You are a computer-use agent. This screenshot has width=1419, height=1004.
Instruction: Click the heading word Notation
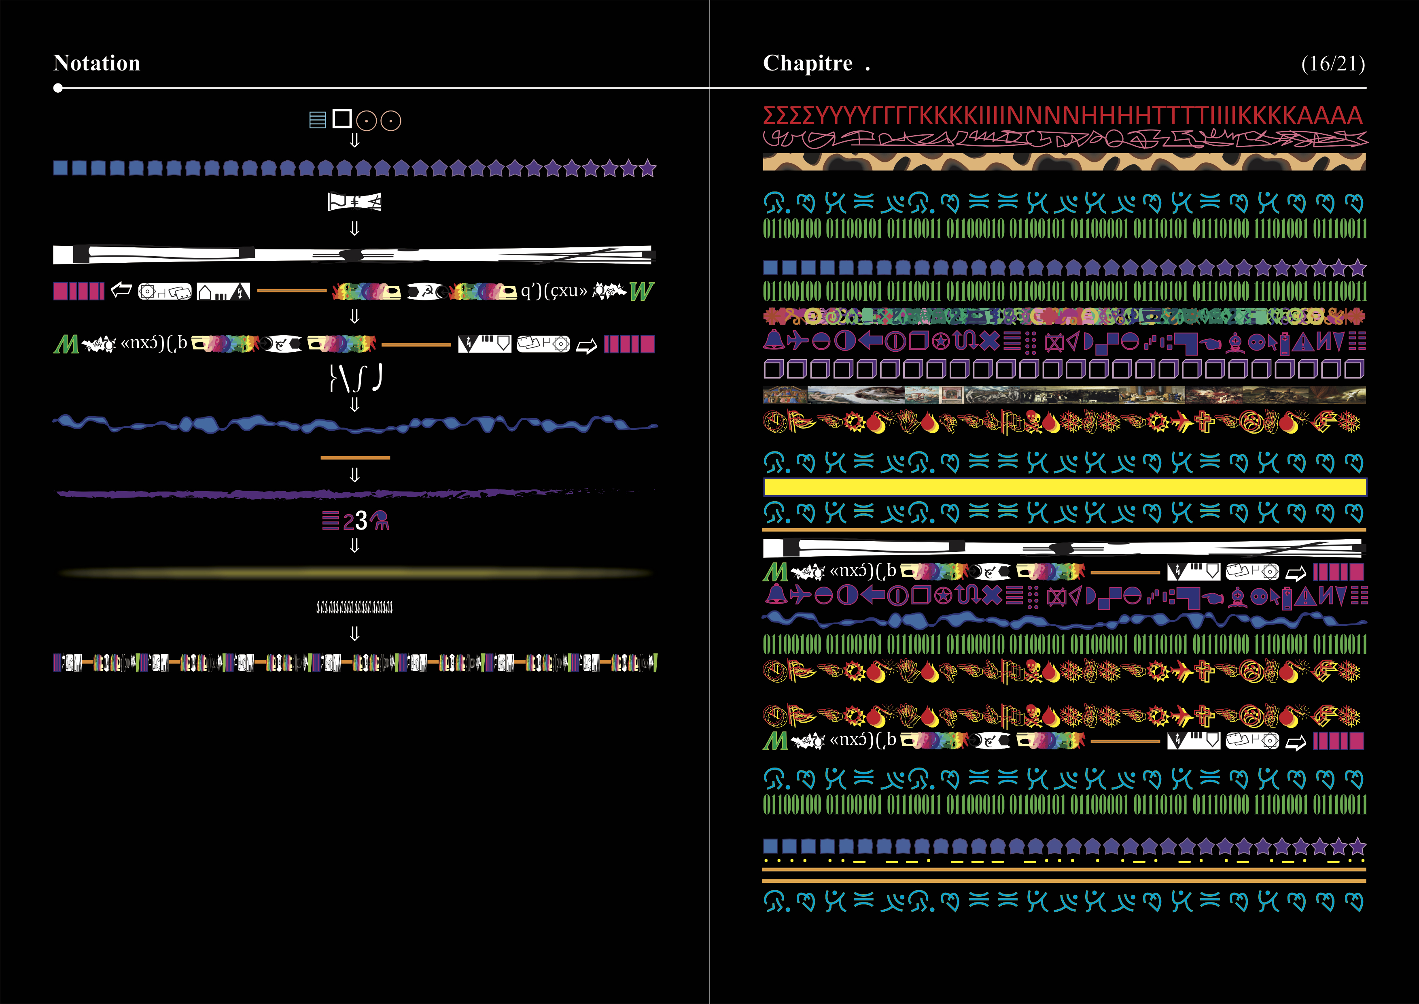click(97, 63)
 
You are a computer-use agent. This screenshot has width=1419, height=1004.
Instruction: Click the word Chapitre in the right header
click(807, 63)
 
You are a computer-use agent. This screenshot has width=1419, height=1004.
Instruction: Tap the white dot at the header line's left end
click(58, 88)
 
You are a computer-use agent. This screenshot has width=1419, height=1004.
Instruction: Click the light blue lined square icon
click(317, 120)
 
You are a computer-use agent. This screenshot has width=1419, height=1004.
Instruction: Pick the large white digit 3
click(361, 521)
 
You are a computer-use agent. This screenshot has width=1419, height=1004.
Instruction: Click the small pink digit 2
click(348, 522)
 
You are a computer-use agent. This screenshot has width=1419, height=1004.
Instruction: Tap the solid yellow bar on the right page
click(1064, 487)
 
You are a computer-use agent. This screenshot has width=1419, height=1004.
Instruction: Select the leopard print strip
click(1064, 162)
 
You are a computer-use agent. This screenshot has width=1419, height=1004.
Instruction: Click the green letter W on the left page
click(641, 291)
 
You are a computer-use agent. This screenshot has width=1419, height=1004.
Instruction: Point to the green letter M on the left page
click(66, 345)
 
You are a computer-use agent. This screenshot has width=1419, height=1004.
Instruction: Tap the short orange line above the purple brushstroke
click(355, 457)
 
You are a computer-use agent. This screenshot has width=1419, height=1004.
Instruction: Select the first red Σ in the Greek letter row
click(770, 116)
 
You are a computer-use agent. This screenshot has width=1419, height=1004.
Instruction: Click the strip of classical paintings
click(1064, 394)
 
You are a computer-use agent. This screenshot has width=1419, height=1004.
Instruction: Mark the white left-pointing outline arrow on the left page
click(121, 289)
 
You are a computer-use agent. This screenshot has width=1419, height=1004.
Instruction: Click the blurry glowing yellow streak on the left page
click(355, 573)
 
